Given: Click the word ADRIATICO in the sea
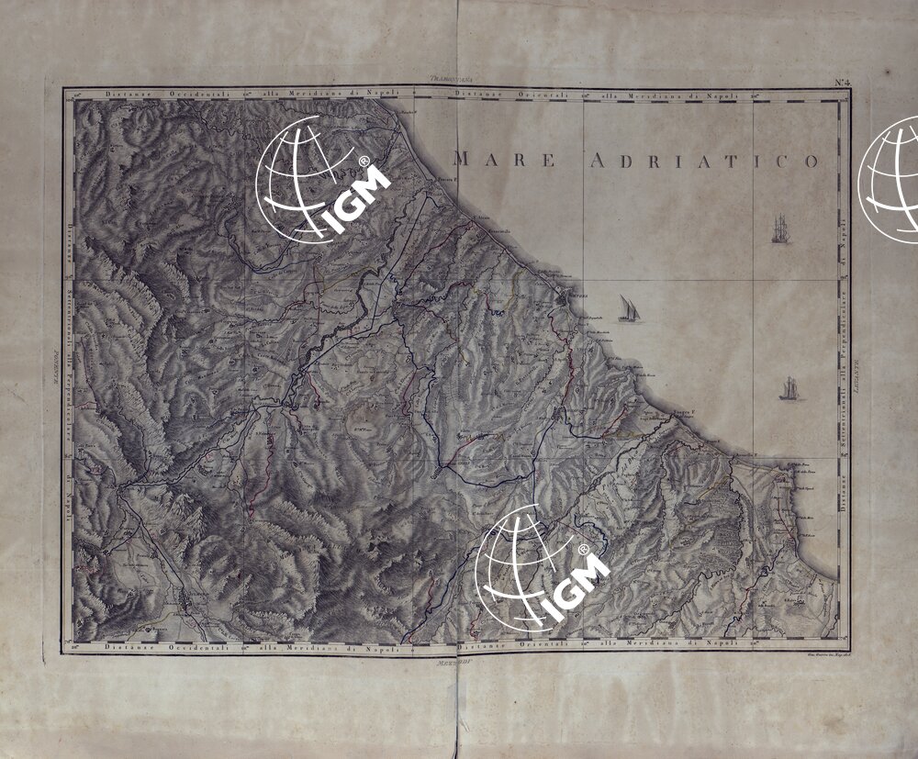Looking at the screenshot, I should pyautogui.click(x=702, y=162).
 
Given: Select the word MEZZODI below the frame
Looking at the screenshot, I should pyautogui.click(x=456, y=660).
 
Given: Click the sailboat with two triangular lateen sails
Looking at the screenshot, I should pyautogui.click(x=629, y=308).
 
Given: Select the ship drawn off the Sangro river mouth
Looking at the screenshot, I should pyautogui.click(x=789, y=389).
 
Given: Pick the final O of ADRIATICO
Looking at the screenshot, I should pyautogui.click(x=811, y=162).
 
